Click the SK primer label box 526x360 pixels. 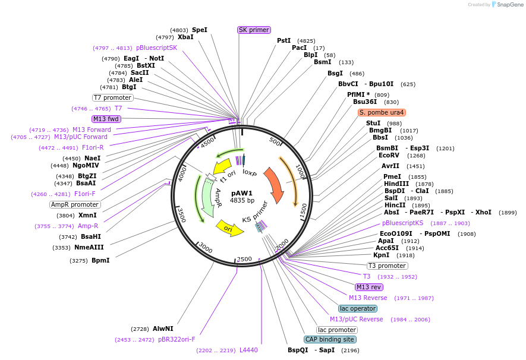pos(254,30)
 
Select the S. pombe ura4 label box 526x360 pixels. pos(382,112)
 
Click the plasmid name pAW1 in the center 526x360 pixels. pos(242,193)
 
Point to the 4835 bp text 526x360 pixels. pos(242,201)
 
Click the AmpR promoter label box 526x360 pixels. pos(75,204)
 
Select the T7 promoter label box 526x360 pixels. pos(112,97)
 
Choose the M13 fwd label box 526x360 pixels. pos(106,119)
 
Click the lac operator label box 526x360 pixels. pos(358,308)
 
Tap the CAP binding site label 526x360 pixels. pos(330,339)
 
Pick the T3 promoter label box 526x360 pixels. pos(388,266)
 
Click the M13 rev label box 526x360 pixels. pos(369,287)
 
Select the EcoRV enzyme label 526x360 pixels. pos(389,156)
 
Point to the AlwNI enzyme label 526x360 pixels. pos(163,329)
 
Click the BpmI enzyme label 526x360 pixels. pos(100,260)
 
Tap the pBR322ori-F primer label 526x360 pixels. pos(176,339)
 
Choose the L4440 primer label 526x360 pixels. pos(248,350)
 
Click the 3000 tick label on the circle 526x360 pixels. pos(206,247)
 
